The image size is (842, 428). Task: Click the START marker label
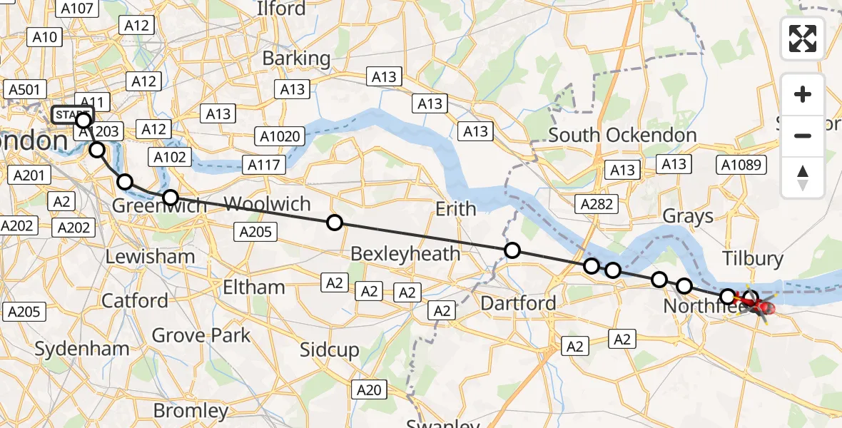(x=71, y=114)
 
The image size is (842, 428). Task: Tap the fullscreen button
(x=803, y=39)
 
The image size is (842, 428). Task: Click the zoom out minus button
(x=803, y=136)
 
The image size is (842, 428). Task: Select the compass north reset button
(x=803, y=177)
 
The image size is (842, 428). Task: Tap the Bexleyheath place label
(x=405, y=254)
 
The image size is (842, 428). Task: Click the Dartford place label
(x=519, y=303)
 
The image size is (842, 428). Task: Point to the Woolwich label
(x=267, y=204)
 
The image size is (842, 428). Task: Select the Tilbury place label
(x=753, y=258)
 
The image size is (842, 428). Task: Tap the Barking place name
(x=296, y=58)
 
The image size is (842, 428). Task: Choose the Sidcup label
(x=329, y=350)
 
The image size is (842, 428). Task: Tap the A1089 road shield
(x=743, y=165)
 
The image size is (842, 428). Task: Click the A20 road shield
(x=370, y=389)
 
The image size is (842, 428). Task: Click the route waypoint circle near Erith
(x=512, y=250)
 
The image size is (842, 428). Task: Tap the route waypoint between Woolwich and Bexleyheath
(x=334, y=223)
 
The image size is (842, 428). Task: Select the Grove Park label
(x=201, y=335)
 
